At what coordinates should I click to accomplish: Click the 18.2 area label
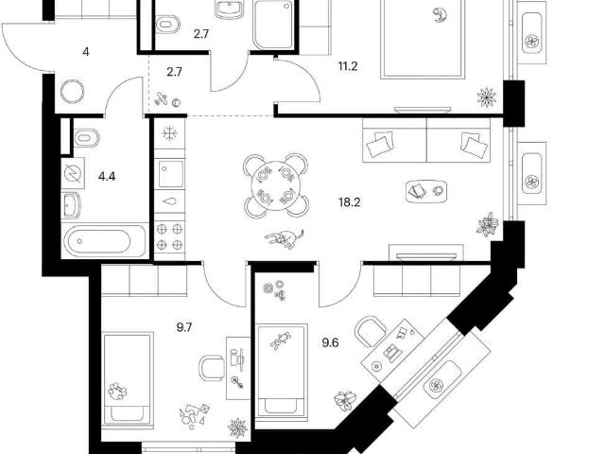(349, 201)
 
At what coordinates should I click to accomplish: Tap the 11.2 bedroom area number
(348, 66)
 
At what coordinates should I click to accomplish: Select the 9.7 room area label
(184, 328)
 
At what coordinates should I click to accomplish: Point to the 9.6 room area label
(330, 342)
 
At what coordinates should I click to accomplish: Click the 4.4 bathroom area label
(107, 177)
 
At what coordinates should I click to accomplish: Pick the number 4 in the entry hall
(86, 51)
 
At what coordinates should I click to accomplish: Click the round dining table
(275, 185)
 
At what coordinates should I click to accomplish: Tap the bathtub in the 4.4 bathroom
(104, 241)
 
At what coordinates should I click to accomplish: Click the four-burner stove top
(169, 236)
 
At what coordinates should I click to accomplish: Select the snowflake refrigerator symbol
(169, 134)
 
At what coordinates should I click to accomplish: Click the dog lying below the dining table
(285, 238)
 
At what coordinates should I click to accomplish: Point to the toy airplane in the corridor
(162, 98)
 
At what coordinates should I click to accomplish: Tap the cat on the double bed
(440, 15)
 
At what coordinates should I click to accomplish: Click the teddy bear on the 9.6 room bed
(281, 340)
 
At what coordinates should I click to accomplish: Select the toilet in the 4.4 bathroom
(87, 137)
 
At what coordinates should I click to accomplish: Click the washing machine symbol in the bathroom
(73, 173)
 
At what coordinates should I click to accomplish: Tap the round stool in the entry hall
(72, 92)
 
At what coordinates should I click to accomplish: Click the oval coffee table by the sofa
(426, 191)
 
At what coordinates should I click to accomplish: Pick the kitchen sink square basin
(170, 173)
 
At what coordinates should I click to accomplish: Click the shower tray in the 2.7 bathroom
(273, 25)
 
